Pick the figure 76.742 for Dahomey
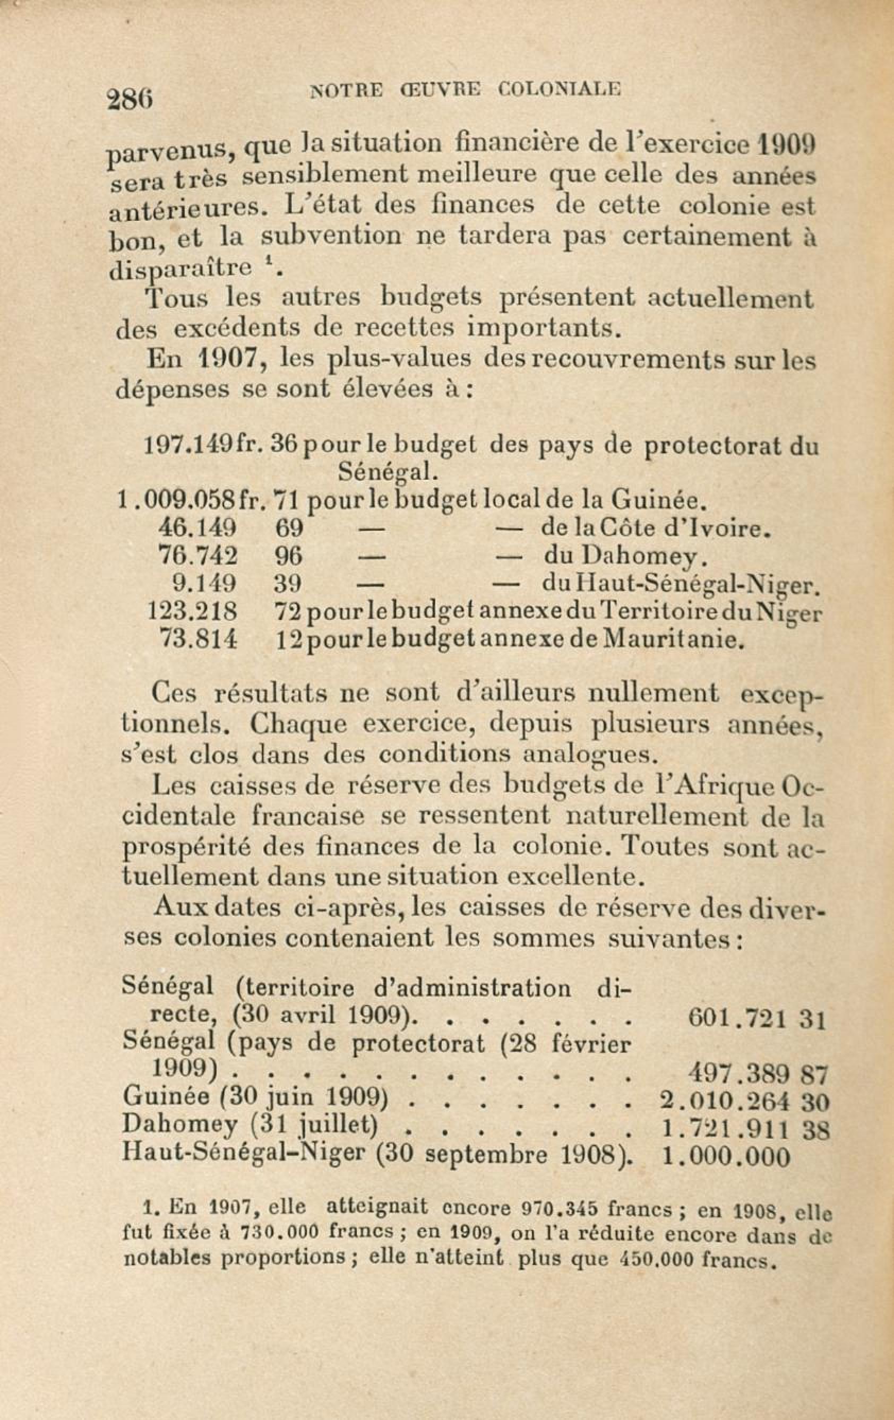pyautogui.click(x=199, y=556)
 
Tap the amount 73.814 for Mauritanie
pyautogui.click(x=199, y=639)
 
